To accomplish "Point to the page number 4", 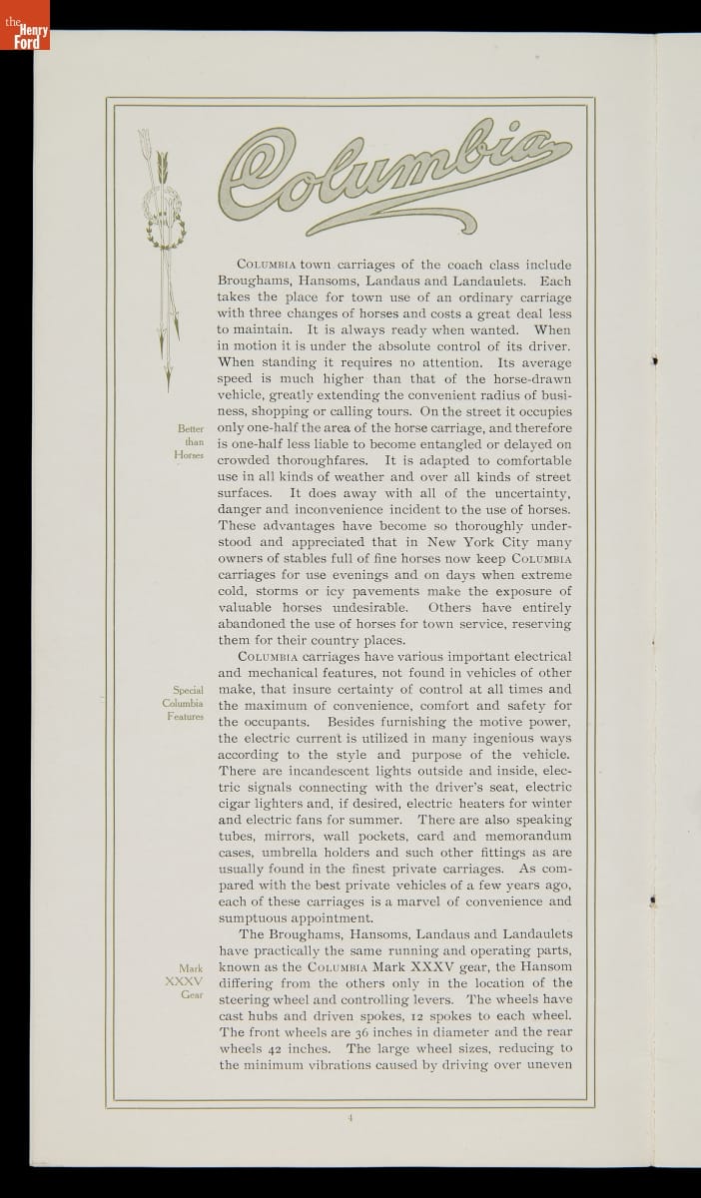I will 351,1118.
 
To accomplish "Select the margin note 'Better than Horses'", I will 189,441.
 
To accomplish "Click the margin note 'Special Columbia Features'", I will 188,703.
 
